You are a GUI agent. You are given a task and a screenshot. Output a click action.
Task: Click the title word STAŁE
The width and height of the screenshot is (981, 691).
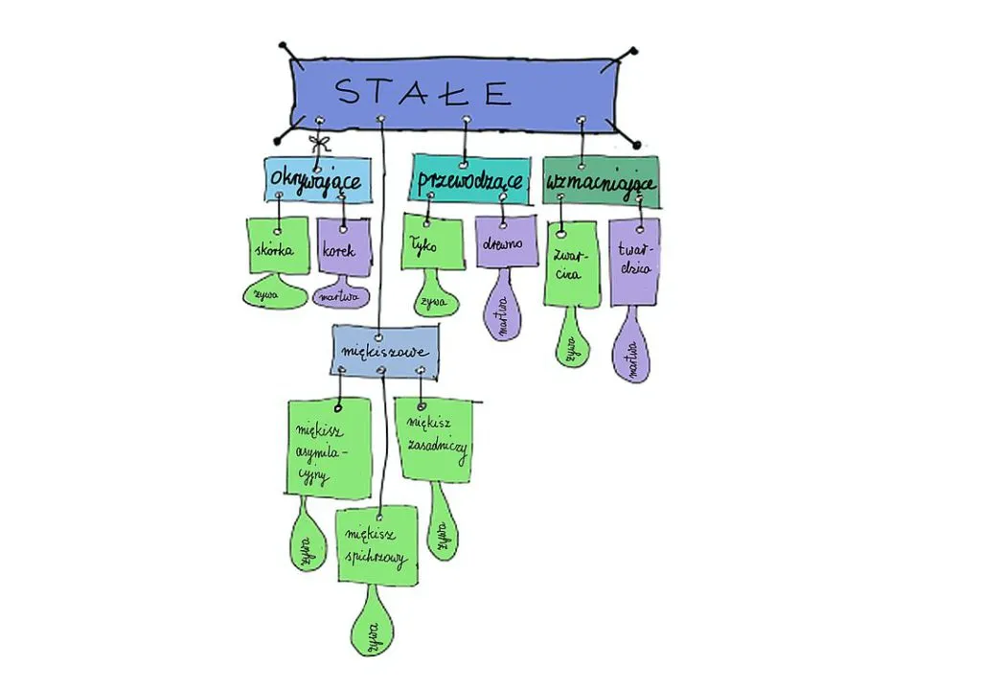422,92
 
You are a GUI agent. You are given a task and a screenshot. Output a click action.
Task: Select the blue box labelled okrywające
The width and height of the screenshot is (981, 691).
315,180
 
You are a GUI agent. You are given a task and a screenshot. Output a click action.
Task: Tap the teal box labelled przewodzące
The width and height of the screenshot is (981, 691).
470,181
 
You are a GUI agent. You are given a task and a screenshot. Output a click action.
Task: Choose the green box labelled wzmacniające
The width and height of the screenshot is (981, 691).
601,181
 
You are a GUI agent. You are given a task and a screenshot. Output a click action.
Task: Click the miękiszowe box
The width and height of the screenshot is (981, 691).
384,352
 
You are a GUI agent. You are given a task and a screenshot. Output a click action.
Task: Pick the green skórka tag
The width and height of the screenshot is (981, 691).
278,247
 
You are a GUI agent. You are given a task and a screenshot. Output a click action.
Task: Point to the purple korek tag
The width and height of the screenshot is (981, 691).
340,250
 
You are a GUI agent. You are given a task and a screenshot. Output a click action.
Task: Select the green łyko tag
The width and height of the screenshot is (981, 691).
430,243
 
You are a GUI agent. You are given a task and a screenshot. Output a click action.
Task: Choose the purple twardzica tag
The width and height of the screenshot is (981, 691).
634,260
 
